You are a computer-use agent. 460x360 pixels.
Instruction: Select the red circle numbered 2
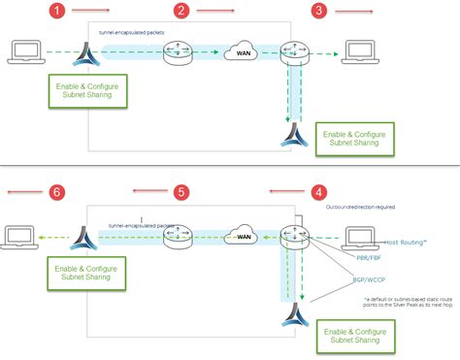tap(181, 12)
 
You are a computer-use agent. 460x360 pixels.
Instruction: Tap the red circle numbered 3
tap(318, 12)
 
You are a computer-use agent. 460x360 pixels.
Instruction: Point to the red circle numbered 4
tap(318, 193)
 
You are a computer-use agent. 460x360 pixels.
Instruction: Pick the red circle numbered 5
tap(181, 193)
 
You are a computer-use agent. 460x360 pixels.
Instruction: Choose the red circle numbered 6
tap(57, 193)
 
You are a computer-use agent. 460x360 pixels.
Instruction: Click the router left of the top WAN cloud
tap(177, 52)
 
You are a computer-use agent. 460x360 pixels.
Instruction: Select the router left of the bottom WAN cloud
tap(177, 235)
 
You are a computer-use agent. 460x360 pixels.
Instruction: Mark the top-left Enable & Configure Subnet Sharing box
tap(90, 91)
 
